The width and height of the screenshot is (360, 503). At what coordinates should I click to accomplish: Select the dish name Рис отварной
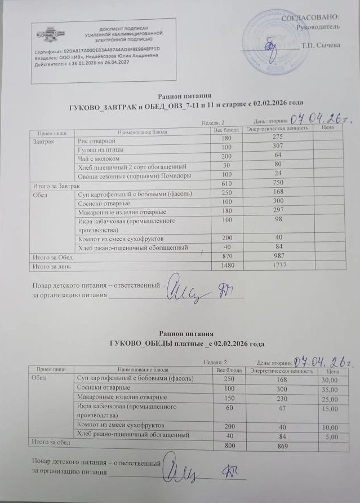pyautogui.click(x=96, y=139)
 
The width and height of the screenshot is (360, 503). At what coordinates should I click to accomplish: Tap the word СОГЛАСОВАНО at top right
pyautogui.click(x=318, y=20)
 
